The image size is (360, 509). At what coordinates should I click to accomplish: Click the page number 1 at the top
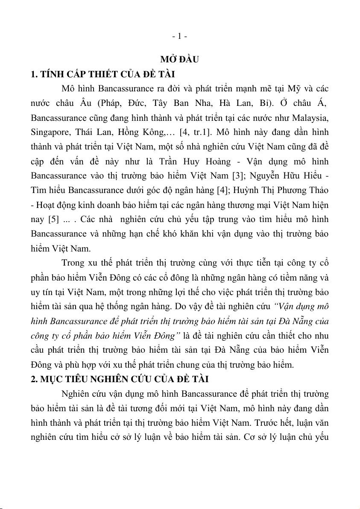[180, 37]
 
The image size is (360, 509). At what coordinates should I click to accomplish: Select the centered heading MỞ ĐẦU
[180, 59]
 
